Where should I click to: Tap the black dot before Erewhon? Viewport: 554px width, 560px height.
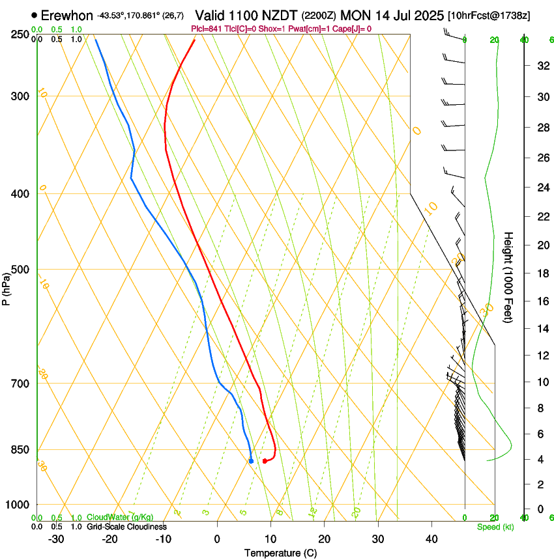coord(34,15)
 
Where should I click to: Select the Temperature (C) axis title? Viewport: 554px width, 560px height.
coord(280,553)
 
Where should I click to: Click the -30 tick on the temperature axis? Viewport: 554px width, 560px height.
coord(56,539)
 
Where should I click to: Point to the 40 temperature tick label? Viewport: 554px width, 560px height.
coord(431,539)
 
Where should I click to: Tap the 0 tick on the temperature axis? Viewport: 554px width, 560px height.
coord(217,539)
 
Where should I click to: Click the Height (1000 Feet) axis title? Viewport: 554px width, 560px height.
coord(508,277)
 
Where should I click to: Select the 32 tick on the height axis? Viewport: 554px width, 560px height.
coord(541,65)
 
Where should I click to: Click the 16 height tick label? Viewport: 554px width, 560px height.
coord(541,301)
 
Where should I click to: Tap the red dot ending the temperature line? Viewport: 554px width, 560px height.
coord(265,461)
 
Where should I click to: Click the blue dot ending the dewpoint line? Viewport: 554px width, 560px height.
coord(251,461)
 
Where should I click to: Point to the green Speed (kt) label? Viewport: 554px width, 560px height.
coord(495,527)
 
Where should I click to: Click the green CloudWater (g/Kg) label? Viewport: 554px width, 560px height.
coord(111,518)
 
